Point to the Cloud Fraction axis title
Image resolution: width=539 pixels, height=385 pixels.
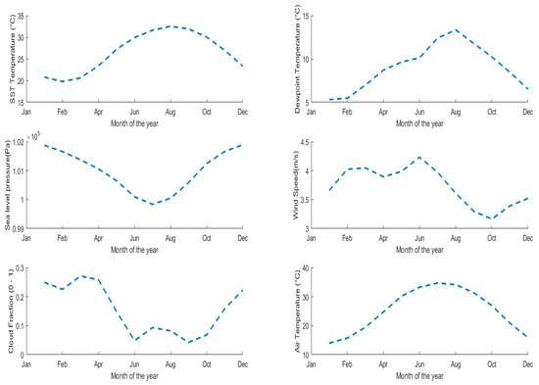(12, 313)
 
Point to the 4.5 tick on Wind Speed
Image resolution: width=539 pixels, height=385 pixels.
(304, 143)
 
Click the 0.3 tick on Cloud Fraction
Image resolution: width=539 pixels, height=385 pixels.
(27, 268)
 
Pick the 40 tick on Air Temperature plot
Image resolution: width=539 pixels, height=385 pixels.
(305, 268)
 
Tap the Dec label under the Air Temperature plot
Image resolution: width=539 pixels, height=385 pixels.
(526, 362)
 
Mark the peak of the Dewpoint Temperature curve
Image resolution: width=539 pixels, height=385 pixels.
(455, 29)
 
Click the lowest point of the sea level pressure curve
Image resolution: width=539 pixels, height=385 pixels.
(153, 204)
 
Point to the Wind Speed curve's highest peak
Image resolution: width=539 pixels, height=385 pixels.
(419, 158)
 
